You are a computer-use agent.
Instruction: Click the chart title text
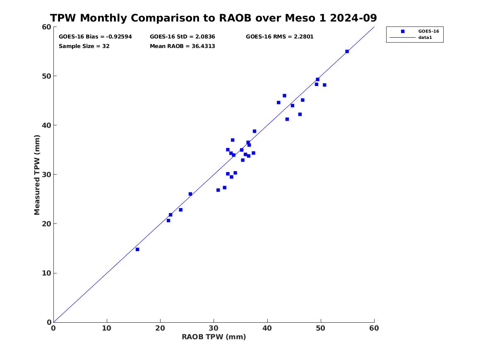coord(213,18)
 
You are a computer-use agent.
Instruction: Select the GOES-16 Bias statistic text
coord(95,36)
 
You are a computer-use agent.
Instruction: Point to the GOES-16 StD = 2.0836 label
coord(182,36)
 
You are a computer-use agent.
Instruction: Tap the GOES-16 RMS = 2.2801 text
coord(279,36)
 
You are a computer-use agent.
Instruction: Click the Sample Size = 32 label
coord(84,46)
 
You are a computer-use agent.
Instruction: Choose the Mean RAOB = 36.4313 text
coord(182,46)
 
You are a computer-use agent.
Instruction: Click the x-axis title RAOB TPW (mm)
coord(214,337)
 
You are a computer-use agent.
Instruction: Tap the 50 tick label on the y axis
coord(46,76)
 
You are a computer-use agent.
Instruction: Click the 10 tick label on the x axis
coord(107,328)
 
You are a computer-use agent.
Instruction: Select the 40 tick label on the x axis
coord(267,328)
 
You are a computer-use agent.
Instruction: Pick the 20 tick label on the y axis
coord(46,224)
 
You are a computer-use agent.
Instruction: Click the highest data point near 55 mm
coord(347,51)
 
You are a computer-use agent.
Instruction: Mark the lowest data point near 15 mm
coord(137,249)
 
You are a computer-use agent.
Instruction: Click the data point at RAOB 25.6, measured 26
coord(190,194)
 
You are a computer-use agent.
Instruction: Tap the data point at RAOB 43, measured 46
coord(284,96)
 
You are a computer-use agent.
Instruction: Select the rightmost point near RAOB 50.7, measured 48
coord(324,85)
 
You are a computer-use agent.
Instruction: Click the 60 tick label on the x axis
coord(374,328)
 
